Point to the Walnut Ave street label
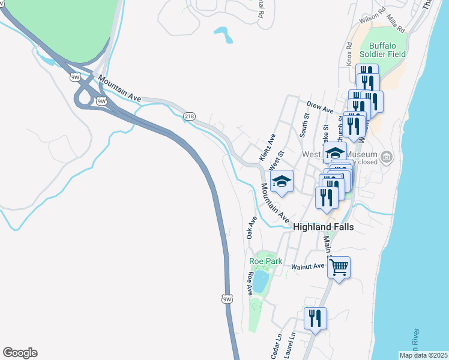click(x=307, y=266)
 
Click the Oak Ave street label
click(x=252, y=228)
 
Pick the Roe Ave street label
click(x=250, y=284)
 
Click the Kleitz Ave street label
click(x=268, y=147)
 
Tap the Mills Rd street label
click(x=396, y=24)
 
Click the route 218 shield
click(x=190, y=116)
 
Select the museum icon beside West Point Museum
click(x=387, y=158)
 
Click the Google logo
click(x=20, y=353)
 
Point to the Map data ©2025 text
click(x=423, y=355)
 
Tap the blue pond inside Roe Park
click(x=261, y=281)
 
